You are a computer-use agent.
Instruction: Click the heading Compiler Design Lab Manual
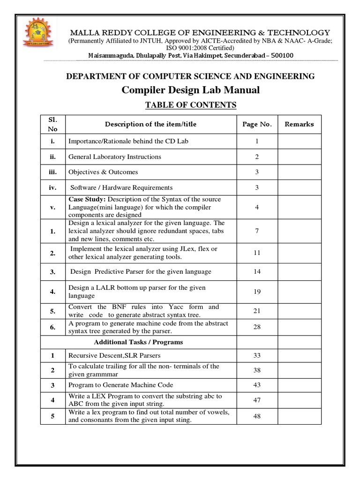click(x=190, y=90)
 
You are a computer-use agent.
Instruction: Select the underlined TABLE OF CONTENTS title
click(x=190, y=105)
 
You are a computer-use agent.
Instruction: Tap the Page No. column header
click(x=256, y=124)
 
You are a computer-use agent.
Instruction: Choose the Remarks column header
click(x=299, y=124)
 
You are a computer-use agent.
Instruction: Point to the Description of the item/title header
click(x=150, y=124)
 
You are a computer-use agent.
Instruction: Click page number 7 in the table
click(x=257, y=231)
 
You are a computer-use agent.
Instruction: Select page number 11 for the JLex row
click(x=257, y=253)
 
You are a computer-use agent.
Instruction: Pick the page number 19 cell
click(x=257, y=292)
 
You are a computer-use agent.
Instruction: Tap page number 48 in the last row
click(x=257, y=416)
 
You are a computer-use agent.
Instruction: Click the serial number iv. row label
click(x=53, y=187)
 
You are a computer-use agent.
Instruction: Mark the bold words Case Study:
click(x=86, y=199)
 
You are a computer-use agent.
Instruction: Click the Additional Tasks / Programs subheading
click(x=138, y=342)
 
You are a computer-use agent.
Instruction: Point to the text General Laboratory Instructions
click(x=115, y=157)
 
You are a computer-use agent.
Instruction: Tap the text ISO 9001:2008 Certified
click(x=190, y=48)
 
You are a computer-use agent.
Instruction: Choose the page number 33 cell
click(x=257, y=356)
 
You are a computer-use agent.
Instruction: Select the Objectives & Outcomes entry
click(x=103, y=172)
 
